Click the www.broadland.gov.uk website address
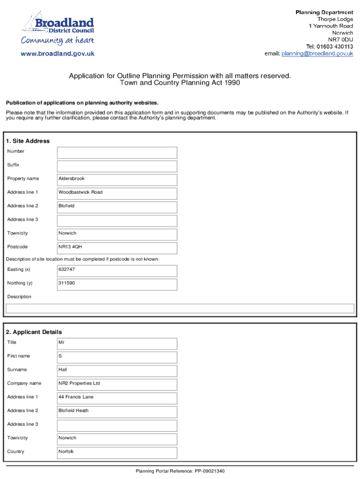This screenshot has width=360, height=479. coord(58,54)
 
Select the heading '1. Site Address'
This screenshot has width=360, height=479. coord(28,141)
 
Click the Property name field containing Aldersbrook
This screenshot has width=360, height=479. coord(117,179)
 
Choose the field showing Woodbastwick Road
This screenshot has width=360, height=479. coord(117,193)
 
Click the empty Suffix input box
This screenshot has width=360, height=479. coord(117,166)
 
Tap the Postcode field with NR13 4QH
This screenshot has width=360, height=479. coord(117,247)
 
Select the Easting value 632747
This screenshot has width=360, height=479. coord(117,270)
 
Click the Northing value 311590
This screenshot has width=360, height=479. coord(117,284)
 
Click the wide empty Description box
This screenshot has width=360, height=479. coord(180,308)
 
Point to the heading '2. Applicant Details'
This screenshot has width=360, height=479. coord(34,332)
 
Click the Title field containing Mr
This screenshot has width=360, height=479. coord(117,343)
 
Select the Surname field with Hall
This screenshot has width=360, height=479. coord(117,370)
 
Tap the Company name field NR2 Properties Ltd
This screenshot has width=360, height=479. coord(117,384)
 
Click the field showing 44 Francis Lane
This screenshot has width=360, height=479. coord(117,398)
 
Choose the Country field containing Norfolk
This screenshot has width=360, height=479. coord(117,452)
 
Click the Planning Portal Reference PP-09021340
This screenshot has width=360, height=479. coord(180,471)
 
